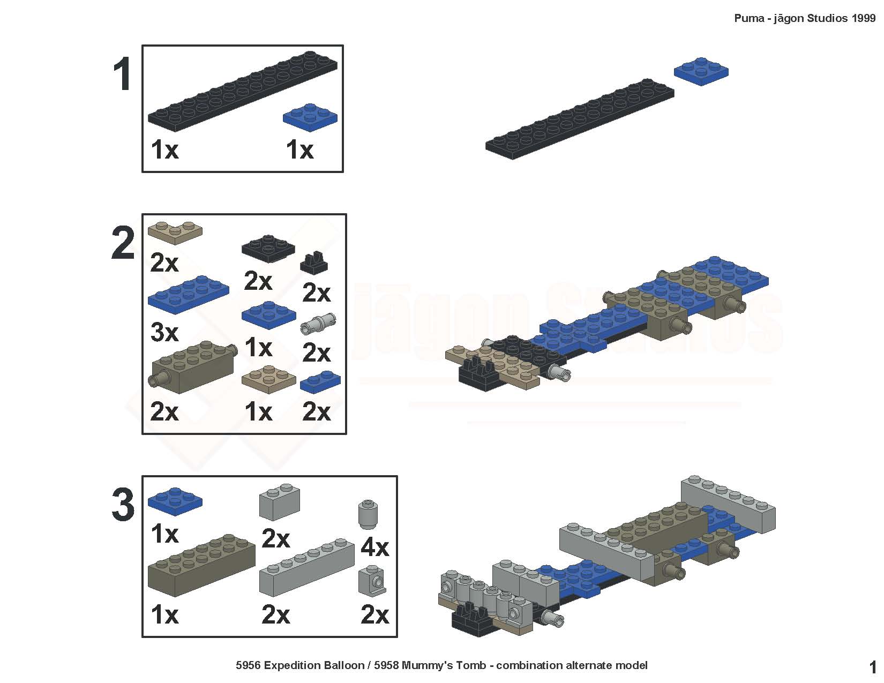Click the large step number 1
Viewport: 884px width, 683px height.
123,74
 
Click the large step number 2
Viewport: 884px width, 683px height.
123,243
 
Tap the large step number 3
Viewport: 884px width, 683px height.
123,505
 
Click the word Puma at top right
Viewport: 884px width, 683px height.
750,18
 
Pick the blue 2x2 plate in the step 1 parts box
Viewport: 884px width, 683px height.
310,117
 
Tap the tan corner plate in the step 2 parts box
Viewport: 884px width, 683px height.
175,232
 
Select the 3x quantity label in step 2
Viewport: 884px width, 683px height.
164,332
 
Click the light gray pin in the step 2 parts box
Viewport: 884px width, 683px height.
318,324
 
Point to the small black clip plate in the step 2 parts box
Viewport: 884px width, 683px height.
313,263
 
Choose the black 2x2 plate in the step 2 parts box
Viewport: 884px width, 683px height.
268,248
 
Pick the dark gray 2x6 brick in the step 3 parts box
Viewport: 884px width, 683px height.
201,566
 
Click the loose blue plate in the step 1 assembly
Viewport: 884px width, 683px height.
701,71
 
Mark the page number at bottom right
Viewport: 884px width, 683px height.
872,667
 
